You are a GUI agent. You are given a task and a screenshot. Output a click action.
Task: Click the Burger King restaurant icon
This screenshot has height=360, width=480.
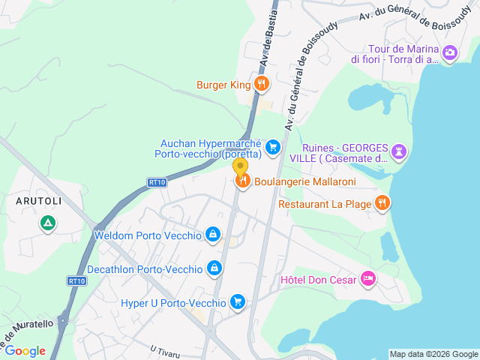pyautogui.click(x=261, y=85)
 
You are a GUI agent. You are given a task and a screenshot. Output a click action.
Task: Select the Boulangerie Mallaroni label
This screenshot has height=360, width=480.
pyautogui.click(x=304, y=181)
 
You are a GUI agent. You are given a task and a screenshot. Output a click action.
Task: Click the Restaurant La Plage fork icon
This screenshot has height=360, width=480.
pyautogui.click(x=382, y=202)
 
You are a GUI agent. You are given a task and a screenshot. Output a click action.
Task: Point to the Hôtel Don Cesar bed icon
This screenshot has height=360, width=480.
pyautogui.click(x=367, y=279)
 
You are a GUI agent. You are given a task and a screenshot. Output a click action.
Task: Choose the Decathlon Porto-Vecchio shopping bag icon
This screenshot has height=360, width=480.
pyautogui.click(x=215, y=268)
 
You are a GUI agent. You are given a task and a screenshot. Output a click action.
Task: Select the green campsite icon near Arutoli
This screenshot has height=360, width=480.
pyautogui.click(x=48, y=223)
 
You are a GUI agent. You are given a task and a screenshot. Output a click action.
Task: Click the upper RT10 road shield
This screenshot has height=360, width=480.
pyautogui.click(x=156, y=181)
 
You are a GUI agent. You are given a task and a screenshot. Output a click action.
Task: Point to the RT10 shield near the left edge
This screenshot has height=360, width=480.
pyautogui.click(x=76, y=281)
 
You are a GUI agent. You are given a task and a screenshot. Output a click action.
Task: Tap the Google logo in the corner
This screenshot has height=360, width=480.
pyautogui.click(x=25, y=350)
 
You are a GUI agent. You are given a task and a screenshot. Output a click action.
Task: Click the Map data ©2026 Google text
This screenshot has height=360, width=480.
pyautogui.click(x=433, y=354)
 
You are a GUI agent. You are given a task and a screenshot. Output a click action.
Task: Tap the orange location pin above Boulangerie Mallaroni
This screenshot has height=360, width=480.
pyautogui.click(x=241, y=167)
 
